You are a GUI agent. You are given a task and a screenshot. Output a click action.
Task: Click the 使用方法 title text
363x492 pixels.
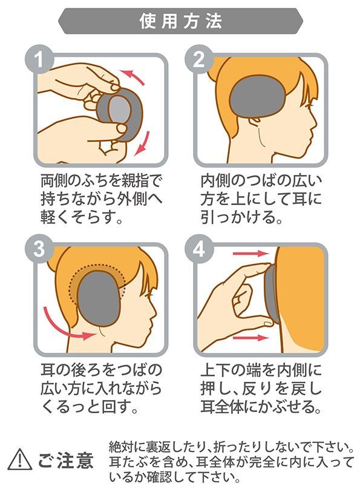tap(181, 21)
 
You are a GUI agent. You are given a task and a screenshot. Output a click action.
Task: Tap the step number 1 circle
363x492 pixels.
tap(39, 59)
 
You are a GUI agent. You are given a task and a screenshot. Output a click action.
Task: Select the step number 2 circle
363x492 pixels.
tap(199, 59)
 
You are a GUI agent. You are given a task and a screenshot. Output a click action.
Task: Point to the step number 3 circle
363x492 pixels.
tap(39, 249)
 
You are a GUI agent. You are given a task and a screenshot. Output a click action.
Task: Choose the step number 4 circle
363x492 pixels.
tap(199, 249)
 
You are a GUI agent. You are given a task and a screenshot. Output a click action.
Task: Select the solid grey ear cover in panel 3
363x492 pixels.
tap(99, 299)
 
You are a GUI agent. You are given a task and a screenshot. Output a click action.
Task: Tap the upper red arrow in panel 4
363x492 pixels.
tap(250, 253)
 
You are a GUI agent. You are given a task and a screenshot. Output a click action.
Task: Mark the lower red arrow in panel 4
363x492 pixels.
tap(250, 338)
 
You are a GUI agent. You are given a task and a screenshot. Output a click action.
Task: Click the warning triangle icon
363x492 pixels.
tap(19, 459)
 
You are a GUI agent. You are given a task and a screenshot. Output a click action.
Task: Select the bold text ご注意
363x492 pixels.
tap(66, 460)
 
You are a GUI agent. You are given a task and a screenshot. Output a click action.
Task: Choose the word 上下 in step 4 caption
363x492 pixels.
tap(215, 370)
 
